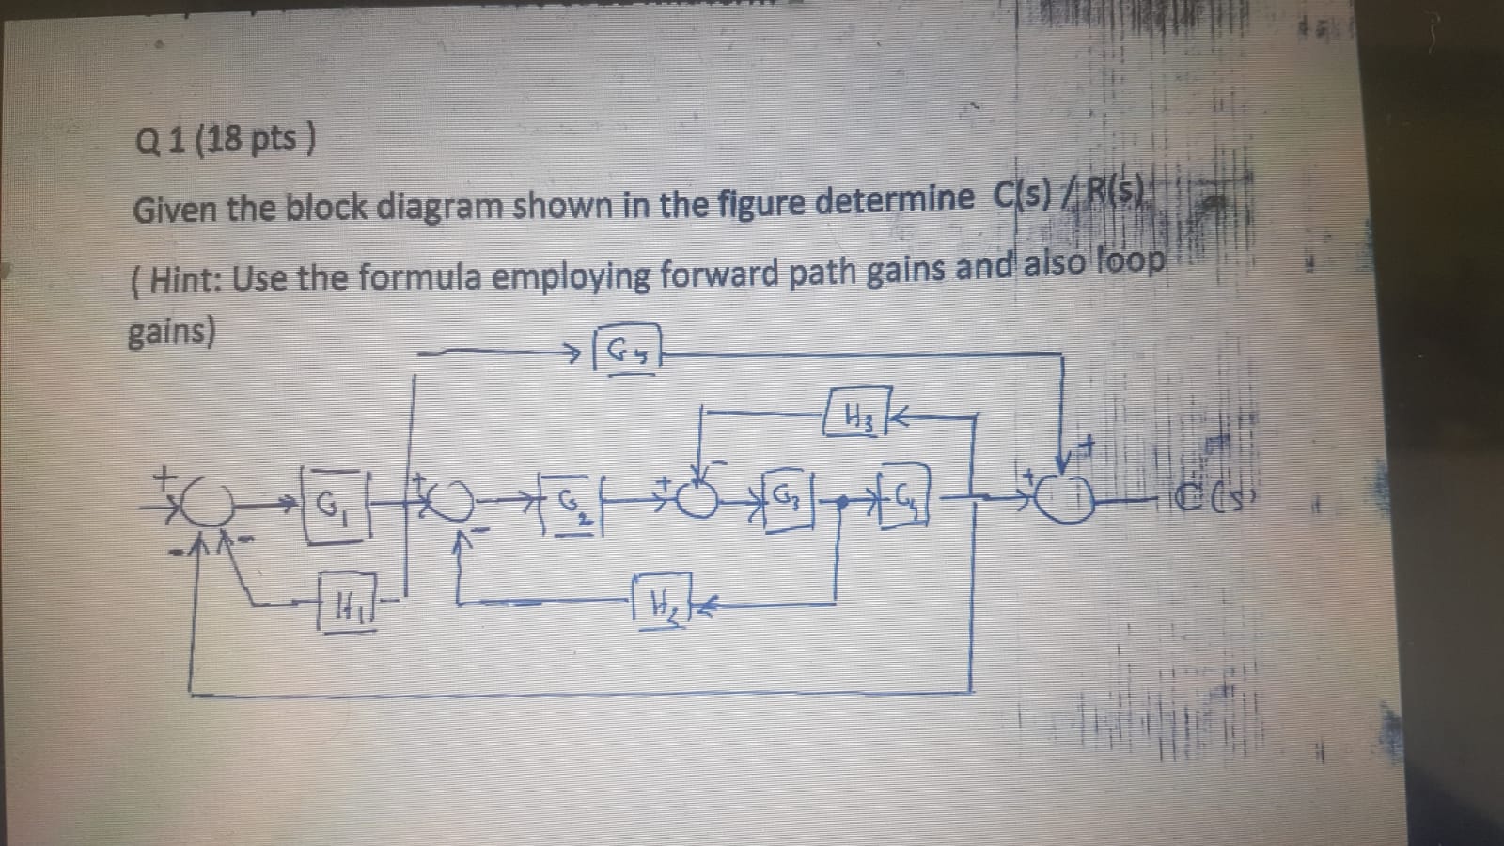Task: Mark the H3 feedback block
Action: click(x=854, y=415)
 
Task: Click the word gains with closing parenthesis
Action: click(x=171, y=331)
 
